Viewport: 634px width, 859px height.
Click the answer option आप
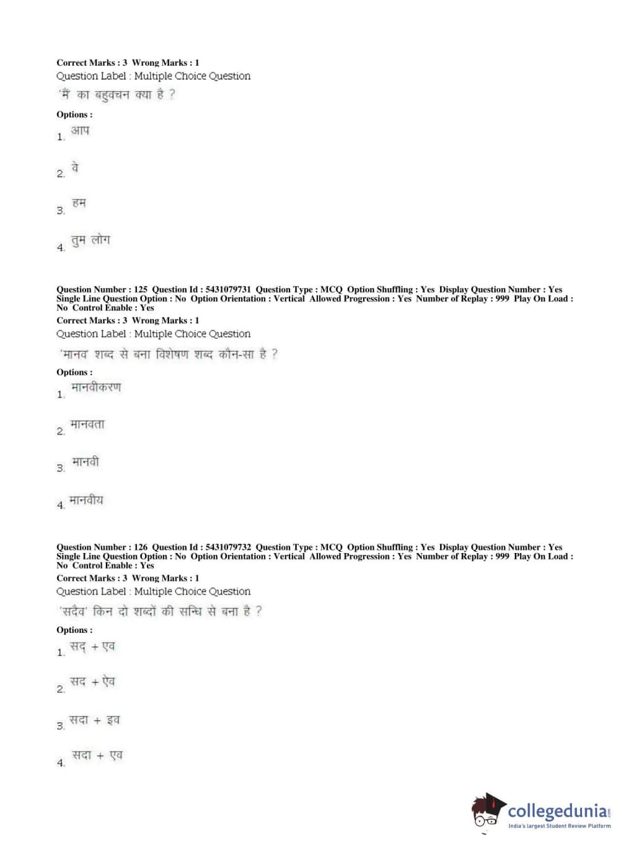(80, 130)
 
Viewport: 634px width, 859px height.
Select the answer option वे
(75, 168)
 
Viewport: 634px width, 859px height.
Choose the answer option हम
(79, 203)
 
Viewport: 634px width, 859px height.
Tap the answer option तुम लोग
(91, 240)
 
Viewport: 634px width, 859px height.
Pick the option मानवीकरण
(96, 387)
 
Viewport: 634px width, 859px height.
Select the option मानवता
(87, 424)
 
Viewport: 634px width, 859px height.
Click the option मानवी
(86, 462)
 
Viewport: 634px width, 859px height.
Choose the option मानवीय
(86, 500)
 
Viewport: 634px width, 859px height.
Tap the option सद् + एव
(92, 646)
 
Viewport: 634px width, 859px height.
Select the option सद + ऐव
(92, 682)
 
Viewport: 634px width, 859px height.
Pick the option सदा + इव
(94, 720)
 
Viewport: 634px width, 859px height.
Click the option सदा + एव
(97, 755)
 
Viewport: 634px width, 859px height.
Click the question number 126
(141, 547)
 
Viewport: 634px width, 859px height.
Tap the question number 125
(141, 290)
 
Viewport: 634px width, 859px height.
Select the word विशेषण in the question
(172, 354)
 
